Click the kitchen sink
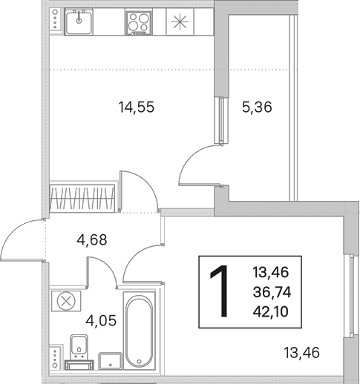coord(79,21)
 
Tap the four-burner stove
coord(139,22)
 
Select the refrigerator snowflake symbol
coord(180,21)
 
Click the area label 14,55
coord(137,107)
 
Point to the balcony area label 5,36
coord(257,107)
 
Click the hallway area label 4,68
coord(92,239)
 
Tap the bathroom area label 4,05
coord(101,321)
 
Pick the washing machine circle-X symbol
coord(66,301)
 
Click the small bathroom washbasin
coord(110,361)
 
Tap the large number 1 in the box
coord(220,291)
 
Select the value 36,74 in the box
coord(272,292)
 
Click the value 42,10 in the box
coord(270,311)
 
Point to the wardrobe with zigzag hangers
coord(82,198)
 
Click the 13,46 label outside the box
coord(301,353)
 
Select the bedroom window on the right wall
coord(351,296)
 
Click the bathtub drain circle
coord(139,361)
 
